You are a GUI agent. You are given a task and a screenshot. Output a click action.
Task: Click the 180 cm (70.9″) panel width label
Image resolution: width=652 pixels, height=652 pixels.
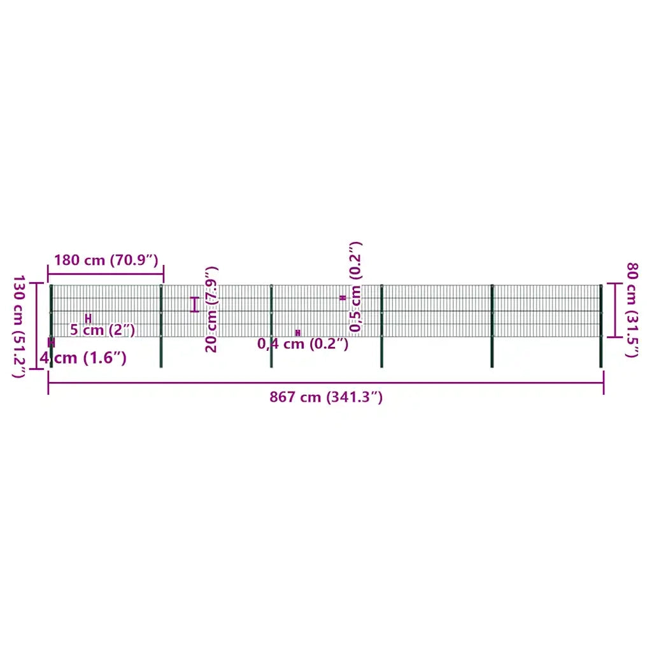(x=106, y=260)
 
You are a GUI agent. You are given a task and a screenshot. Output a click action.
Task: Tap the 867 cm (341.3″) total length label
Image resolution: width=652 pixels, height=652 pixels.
(x=326, y=397)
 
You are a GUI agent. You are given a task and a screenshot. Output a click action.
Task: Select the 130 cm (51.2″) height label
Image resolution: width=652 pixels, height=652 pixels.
(x=18, y=326)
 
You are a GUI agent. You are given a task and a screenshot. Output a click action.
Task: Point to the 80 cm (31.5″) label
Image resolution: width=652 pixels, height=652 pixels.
(x=632, y=309)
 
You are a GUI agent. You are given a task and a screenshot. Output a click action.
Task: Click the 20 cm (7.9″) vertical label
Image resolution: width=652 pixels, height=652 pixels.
(x=211, y=309)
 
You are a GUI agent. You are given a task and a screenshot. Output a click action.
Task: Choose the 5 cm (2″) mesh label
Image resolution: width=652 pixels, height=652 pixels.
(x=103, y=330)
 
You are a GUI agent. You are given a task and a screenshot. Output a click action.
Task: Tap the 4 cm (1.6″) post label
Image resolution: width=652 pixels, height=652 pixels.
(x=83, y=358)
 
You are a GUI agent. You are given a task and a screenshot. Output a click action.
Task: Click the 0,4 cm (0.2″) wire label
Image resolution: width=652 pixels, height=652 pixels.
(x=302, y=344)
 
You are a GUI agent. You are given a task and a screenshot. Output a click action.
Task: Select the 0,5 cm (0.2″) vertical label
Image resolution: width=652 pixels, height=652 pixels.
(x=355, y=287)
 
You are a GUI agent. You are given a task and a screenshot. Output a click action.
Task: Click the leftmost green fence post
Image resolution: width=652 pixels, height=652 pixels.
(x=51, y=326)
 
